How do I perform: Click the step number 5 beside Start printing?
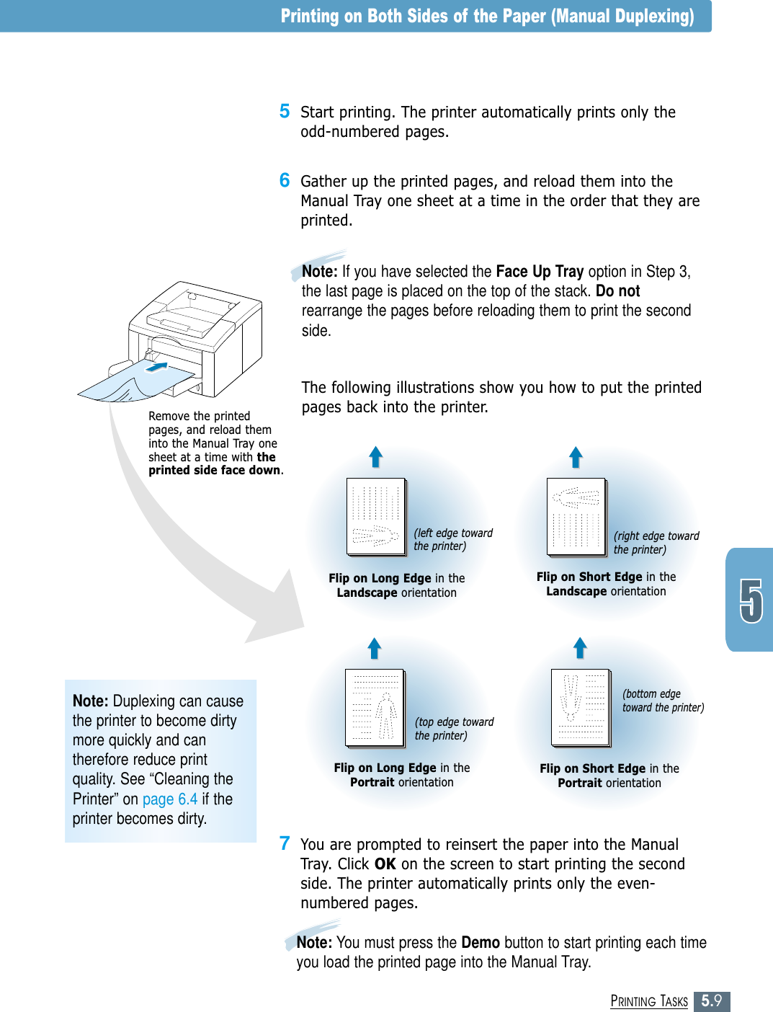285,111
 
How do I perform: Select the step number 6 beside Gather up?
285,180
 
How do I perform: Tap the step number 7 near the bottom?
285,843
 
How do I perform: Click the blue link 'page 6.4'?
170,799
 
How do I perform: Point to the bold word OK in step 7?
385,864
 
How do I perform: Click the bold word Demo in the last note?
481,942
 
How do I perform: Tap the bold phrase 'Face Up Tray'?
540,271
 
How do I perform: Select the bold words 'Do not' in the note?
617,290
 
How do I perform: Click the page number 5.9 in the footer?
712,1000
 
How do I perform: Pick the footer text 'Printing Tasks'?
649,1001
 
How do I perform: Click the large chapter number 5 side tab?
751,600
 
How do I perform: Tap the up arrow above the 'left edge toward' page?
375,457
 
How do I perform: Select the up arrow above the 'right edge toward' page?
576,457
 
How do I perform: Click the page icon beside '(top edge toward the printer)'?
375,708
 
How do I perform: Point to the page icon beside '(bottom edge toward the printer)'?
581,708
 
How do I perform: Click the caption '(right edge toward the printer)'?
656,543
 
